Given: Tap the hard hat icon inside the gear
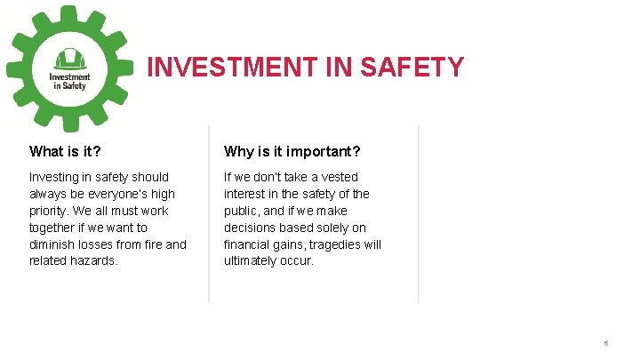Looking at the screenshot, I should click(x=68, y=59).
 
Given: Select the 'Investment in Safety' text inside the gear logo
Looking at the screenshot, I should click(x=68, y=81).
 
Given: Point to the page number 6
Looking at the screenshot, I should click(x=605, y=343).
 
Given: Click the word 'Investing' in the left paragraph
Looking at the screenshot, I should click(x=54, y=177).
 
